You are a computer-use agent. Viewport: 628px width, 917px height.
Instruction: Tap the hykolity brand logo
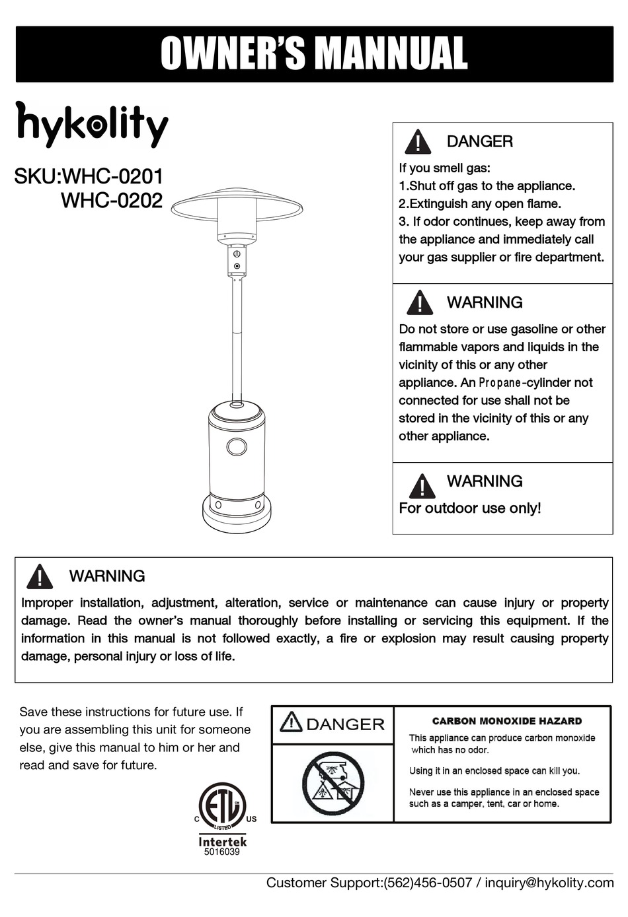[x=92, y=123]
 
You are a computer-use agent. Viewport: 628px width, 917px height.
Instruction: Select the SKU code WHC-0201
[x=112, y=177]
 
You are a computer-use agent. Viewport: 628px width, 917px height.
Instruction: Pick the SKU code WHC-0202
[x=112, y=200]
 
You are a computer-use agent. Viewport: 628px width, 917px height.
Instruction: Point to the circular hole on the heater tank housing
[x=237, y=447]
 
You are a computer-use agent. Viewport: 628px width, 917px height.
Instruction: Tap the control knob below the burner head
[x=237, y=265]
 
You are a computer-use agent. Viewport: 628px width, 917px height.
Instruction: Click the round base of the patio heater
[x=237, y=518]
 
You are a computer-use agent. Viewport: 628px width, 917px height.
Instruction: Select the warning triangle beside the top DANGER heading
[x=418, y=142]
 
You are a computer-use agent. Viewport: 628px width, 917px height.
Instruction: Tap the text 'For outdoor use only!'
[x=470, y=508]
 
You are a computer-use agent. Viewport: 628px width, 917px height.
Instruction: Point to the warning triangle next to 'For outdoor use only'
[x=422, y=486]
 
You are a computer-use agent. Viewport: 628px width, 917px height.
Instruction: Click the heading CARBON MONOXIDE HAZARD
[x=507, y=722]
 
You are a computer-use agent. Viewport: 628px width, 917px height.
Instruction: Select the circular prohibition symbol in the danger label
[x=333, y=784]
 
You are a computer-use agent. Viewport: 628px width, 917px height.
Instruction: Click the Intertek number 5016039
[x=222, y=852]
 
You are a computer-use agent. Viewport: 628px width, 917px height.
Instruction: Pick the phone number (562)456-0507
[x=428, y=883]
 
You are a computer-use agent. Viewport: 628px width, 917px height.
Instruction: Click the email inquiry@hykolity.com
[x=549, y=883]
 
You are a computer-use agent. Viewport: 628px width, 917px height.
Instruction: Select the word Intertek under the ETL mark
[x=223, y=842]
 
